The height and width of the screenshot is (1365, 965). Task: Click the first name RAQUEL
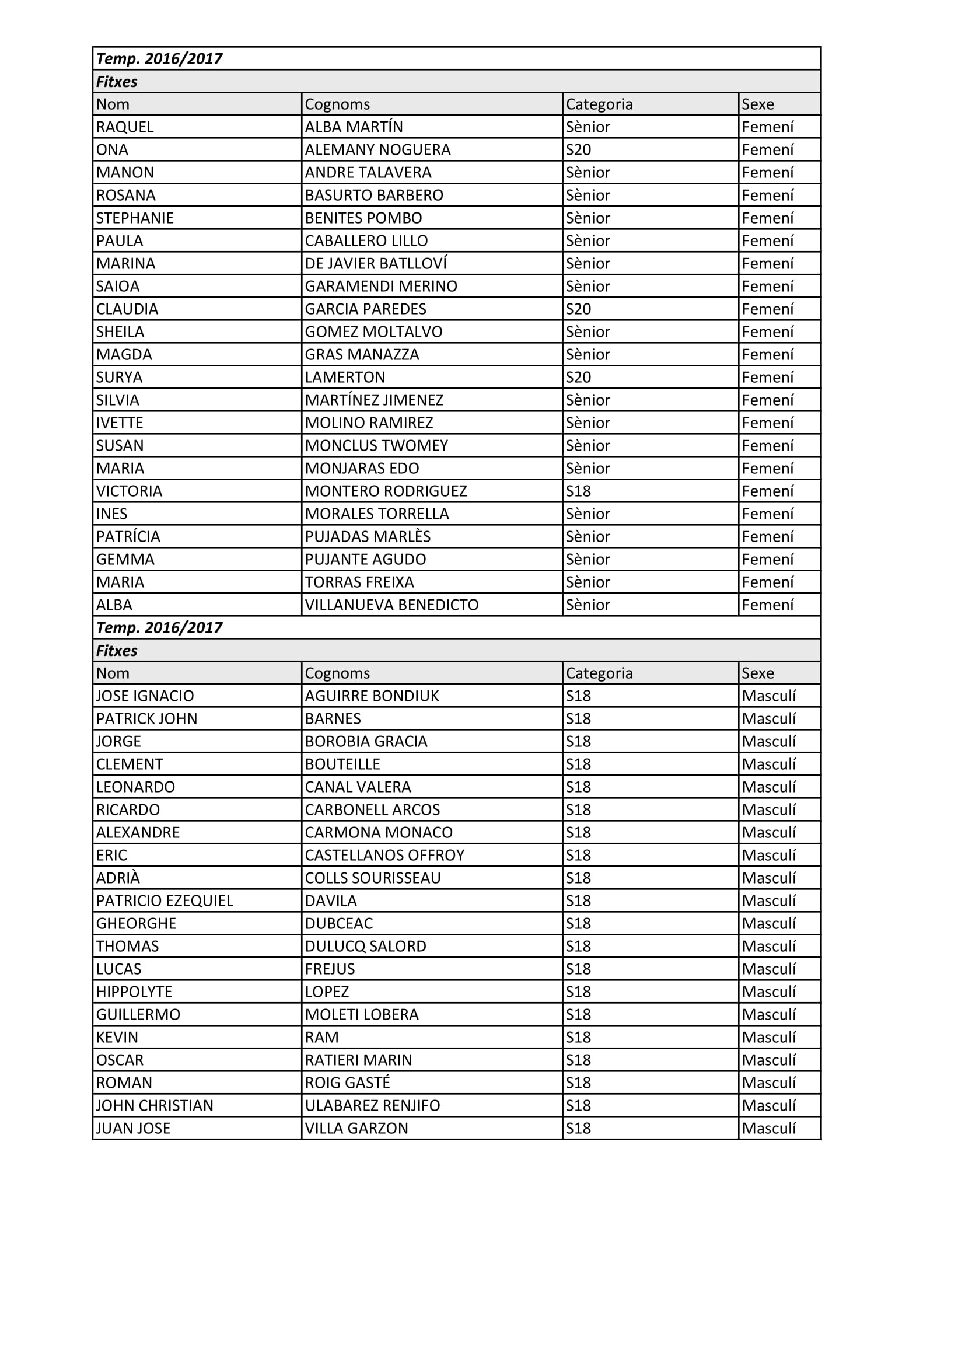pos(125,127)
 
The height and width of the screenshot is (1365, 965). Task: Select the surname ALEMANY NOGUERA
pos(377,149)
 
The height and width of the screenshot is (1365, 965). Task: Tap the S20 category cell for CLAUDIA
pos(578,309)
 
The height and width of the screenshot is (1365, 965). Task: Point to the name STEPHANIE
pos(135,218)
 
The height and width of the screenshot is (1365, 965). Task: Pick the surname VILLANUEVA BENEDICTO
pos(391,605)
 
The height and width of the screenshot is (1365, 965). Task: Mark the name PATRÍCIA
pos(128,536)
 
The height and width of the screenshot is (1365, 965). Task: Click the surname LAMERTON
pos(345,377)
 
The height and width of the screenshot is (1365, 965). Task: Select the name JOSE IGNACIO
pos(145,696)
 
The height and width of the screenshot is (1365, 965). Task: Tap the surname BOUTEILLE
pos(342,764)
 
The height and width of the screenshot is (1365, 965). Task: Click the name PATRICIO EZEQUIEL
pos(165,900)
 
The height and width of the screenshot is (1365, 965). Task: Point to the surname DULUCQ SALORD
pos(365,946)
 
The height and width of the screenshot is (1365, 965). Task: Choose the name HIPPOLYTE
pos(134,992)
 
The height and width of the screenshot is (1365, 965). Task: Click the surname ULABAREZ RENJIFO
pos(373,1105)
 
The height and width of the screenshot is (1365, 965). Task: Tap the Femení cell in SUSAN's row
pos(767,445)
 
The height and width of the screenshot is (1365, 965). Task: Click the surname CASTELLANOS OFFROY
pos(384,855)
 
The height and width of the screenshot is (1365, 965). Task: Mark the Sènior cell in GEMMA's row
pos(588,559)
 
